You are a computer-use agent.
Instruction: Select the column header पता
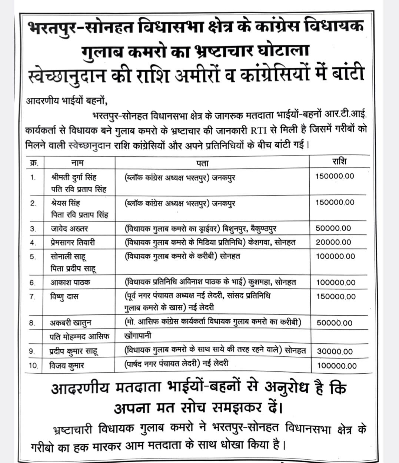coord(203,163)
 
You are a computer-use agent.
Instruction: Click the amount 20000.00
coord(333,242)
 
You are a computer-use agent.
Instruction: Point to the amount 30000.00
coord(335,352)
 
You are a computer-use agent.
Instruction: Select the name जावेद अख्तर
coord(69,229)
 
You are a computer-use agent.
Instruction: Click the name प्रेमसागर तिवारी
coord(73,243)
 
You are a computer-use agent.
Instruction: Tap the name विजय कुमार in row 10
coord(67,366)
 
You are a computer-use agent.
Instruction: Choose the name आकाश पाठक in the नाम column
coord(70,283)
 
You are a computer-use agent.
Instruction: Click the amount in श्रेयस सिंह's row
coord(335,202)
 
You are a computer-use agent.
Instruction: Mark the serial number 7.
coord(33,297)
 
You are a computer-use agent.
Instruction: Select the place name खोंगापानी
coord(138,336)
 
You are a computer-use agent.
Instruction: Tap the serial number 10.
coord(33,366)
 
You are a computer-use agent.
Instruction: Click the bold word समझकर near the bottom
coord(238,408)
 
